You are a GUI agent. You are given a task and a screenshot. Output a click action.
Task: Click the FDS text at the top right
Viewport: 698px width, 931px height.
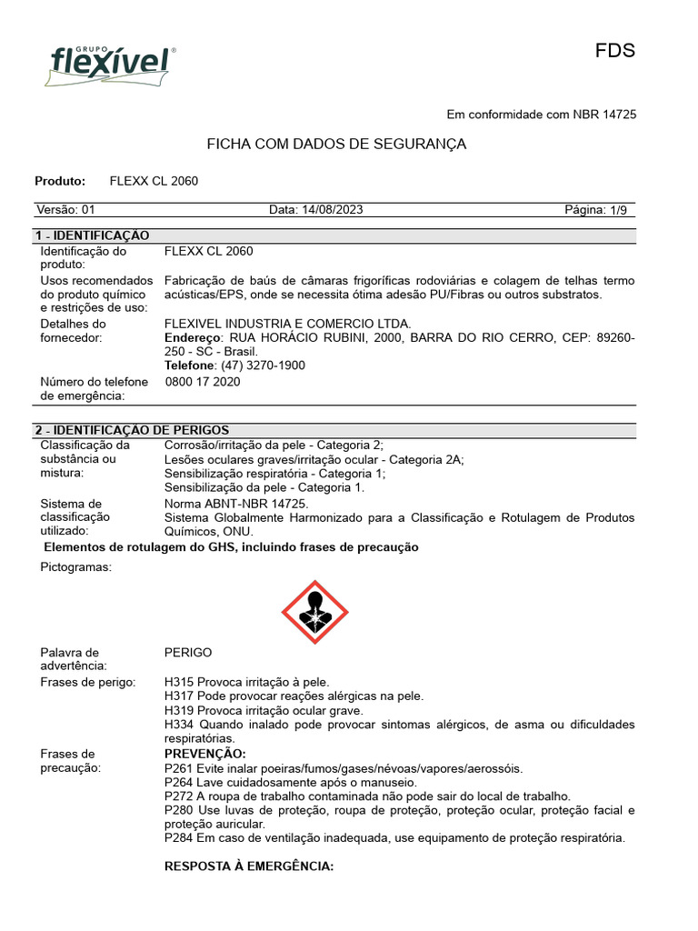coord(614,51)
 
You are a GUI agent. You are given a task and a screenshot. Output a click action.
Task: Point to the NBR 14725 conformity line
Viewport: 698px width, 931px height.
coord(541,115)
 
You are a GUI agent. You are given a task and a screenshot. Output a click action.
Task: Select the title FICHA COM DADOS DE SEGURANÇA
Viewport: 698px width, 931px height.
coord(336,145)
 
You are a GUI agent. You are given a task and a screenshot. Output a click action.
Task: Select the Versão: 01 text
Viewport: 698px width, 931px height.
coord(65,210)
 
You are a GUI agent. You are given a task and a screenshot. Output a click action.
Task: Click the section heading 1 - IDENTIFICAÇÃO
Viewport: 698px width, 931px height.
coord(92,235)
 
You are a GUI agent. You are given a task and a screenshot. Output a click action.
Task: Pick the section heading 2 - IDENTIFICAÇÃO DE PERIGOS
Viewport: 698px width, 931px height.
coord(132,430)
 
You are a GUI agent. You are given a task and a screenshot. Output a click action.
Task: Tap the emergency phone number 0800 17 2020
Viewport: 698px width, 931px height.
coord(203,382)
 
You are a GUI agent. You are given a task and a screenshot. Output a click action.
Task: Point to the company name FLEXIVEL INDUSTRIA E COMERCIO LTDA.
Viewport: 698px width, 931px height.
coord(287,324)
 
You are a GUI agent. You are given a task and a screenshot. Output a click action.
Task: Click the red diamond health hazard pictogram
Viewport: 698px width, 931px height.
coord(314,613)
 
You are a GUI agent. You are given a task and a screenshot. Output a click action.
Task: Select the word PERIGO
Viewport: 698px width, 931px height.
coord(188,653)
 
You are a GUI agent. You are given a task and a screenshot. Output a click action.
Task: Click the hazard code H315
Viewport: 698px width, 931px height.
coord(179,682)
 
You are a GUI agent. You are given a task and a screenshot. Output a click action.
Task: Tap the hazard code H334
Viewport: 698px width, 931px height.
coord(179,725)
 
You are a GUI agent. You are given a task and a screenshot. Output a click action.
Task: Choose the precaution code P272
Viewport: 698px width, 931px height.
coord(179,796)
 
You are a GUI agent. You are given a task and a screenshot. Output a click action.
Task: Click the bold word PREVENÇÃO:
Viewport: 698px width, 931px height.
coord(204,754)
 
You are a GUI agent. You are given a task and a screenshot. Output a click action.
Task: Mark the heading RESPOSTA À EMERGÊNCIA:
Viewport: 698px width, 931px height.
coord(249,866)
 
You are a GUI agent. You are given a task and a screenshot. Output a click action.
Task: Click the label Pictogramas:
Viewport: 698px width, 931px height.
coord(76,567)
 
